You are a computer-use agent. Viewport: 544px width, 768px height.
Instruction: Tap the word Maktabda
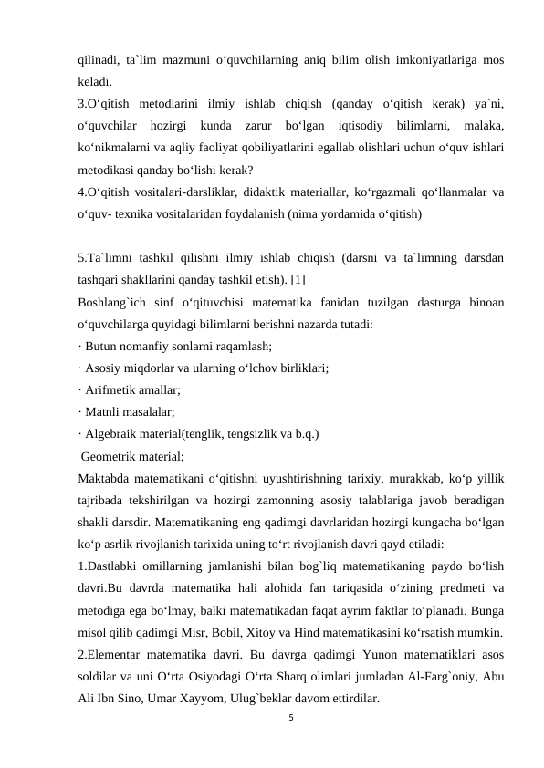[x=103, y=478]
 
